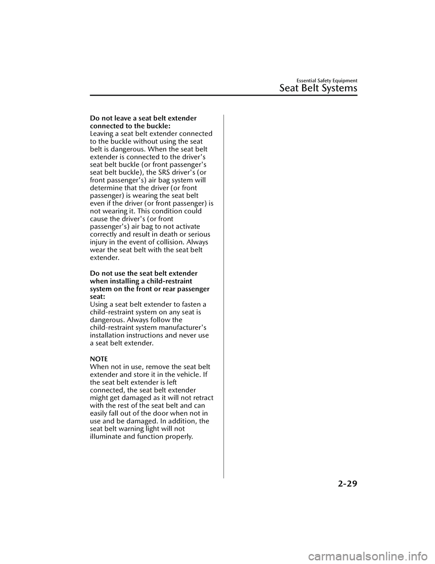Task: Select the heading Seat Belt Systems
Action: (318, 88)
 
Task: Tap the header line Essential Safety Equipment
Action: (326, 81)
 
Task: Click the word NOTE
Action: (99, 359)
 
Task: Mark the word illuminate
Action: (107, 437)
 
